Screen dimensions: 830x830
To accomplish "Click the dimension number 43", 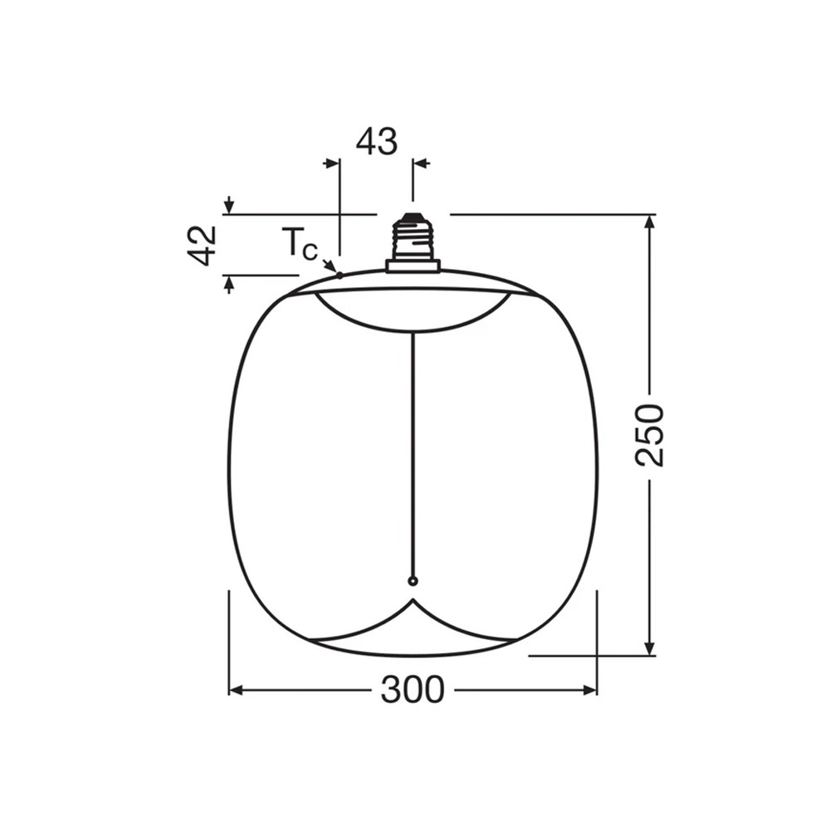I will point(377,142).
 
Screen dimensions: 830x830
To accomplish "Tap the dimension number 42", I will point(202,245).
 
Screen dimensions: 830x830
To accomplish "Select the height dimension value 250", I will point(650,435).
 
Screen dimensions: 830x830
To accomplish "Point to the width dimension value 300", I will point(413,690).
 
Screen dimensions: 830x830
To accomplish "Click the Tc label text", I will point(298,244).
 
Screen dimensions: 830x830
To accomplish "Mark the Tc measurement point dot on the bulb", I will point(339,275).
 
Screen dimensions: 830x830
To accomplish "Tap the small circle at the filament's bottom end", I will point(413,581).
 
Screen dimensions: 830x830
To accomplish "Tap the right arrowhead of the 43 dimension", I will point(421,164).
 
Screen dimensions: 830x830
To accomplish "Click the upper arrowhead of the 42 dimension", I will point(229,206).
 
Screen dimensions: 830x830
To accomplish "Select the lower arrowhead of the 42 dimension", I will point(229,283).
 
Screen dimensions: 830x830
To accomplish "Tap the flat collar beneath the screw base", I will point(413,266).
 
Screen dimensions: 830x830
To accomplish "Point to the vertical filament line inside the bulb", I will point(413,456).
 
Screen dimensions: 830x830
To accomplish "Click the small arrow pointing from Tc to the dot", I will point(329,265).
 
